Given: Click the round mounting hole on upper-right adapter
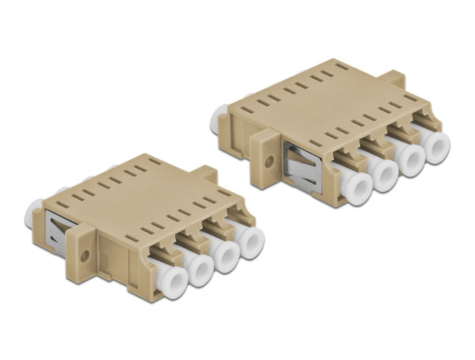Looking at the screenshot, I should click(x=270, y=162).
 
